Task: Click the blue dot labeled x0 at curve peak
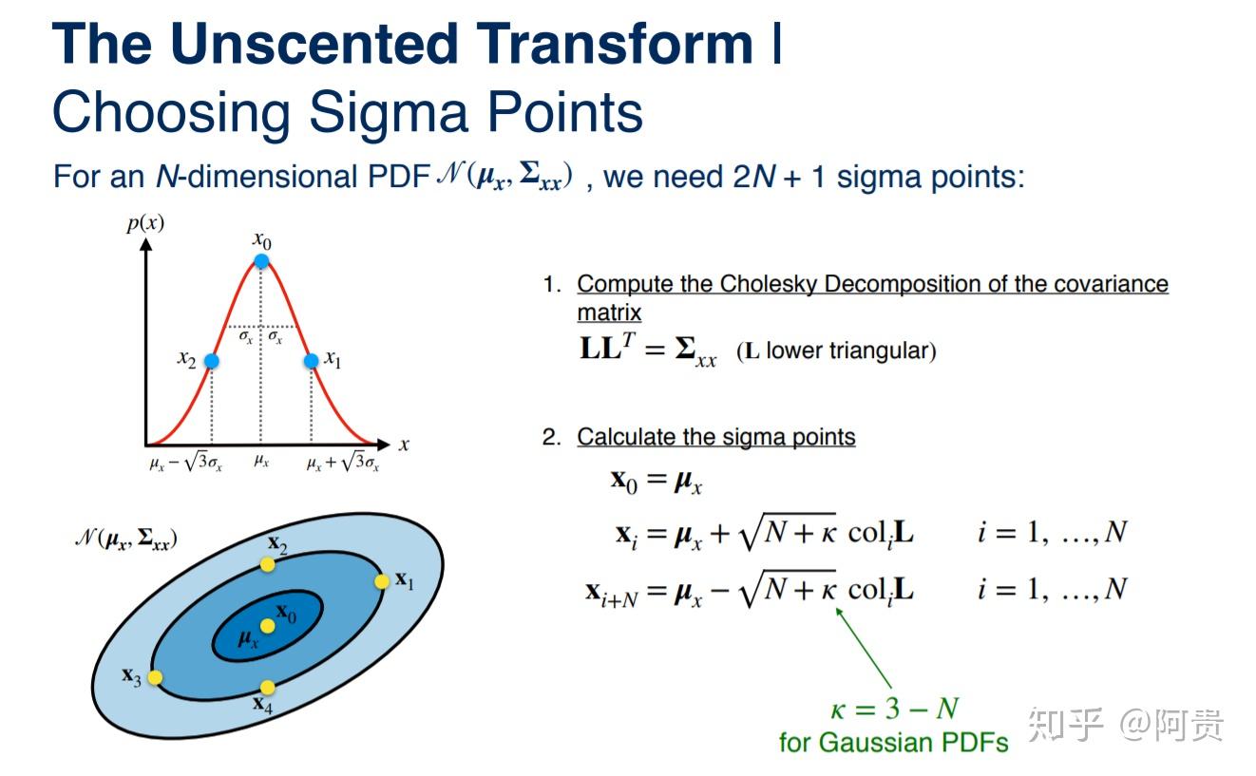261,260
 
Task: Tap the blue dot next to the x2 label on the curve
211,361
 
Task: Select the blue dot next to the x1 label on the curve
312,361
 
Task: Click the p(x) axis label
145,223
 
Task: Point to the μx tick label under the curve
261,461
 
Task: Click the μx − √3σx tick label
185,462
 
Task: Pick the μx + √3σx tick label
343,462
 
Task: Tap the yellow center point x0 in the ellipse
268,626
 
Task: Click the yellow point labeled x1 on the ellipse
382,581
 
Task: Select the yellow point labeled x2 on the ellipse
268,564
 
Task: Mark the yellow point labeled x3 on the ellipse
155,677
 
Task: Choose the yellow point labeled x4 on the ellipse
268,687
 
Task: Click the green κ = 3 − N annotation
895,709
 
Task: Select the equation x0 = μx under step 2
657,481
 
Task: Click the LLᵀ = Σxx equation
648,350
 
